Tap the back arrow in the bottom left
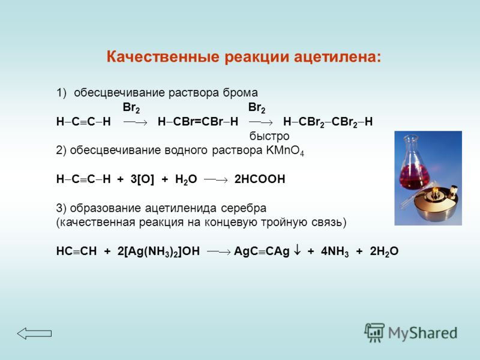click(34, 334)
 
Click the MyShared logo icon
click(374, 332)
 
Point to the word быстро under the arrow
click(269, 136)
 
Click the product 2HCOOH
click(260, 179)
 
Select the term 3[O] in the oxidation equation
click(142, 179)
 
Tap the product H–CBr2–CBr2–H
click(328, 122)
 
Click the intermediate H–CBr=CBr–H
click(198, 122)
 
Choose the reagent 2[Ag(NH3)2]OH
click(158, 251)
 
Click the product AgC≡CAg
click(262, 251)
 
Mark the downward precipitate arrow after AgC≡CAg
click(297, 250)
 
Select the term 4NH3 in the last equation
click(335, 251)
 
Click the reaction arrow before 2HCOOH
click(216, 179)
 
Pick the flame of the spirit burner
click(434, 191)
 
